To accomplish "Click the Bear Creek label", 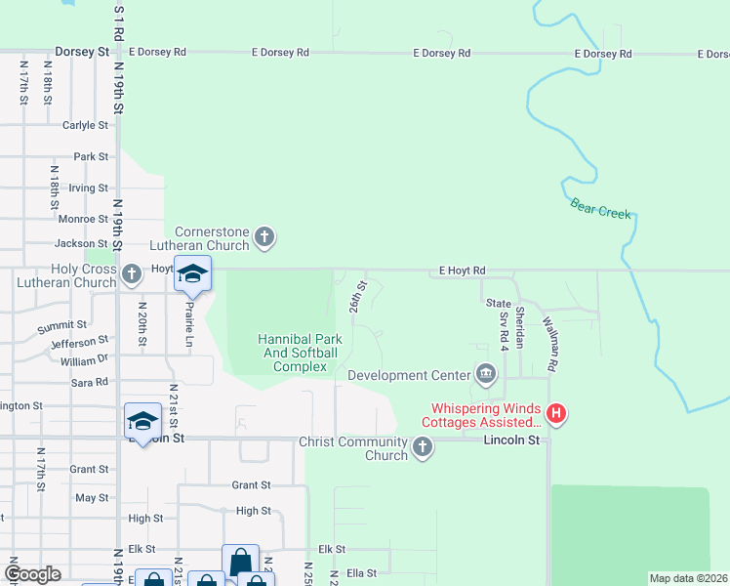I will tap(600, 207).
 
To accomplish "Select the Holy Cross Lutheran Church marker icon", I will tap(133, 274).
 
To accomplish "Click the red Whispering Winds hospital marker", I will tap(555, 414).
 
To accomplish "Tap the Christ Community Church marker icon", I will tap(422, 447).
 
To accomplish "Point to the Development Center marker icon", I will tap(485, 374).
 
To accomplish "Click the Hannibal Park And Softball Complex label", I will tap(299, 353).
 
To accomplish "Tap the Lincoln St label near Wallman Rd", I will tap(511, 440).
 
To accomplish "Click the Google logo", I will tap(33, 574).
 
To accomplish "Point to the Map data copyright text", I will tap(688, 578).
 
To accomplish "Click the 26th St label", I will tap(358, 297).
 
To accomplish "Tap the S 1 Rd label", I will tap(119, 22).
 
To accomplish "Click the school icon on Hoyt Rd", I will tap(192, 274).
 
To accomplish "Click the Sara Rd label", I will tap(88, 382).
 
